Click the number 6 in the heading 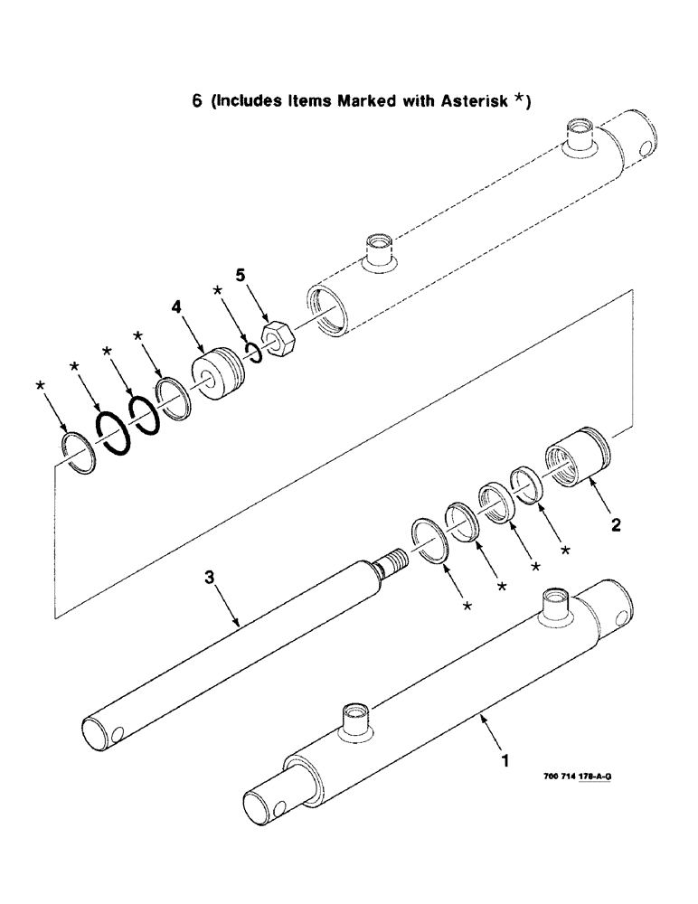coord(196,101)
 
